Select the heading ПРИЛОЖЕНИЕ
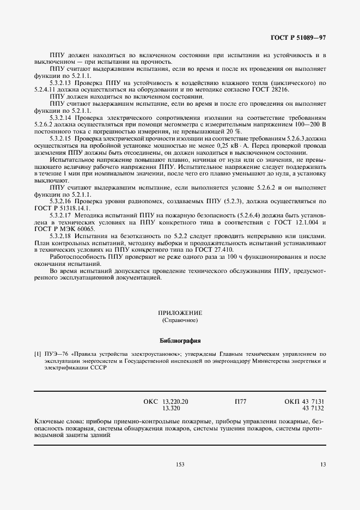pos(180,313)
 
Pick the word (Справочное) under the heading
pos(180,320)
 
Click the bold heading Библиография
pos(180,342)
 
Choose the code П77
pos(240,402)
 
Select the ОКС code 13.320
pos(172,408)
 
